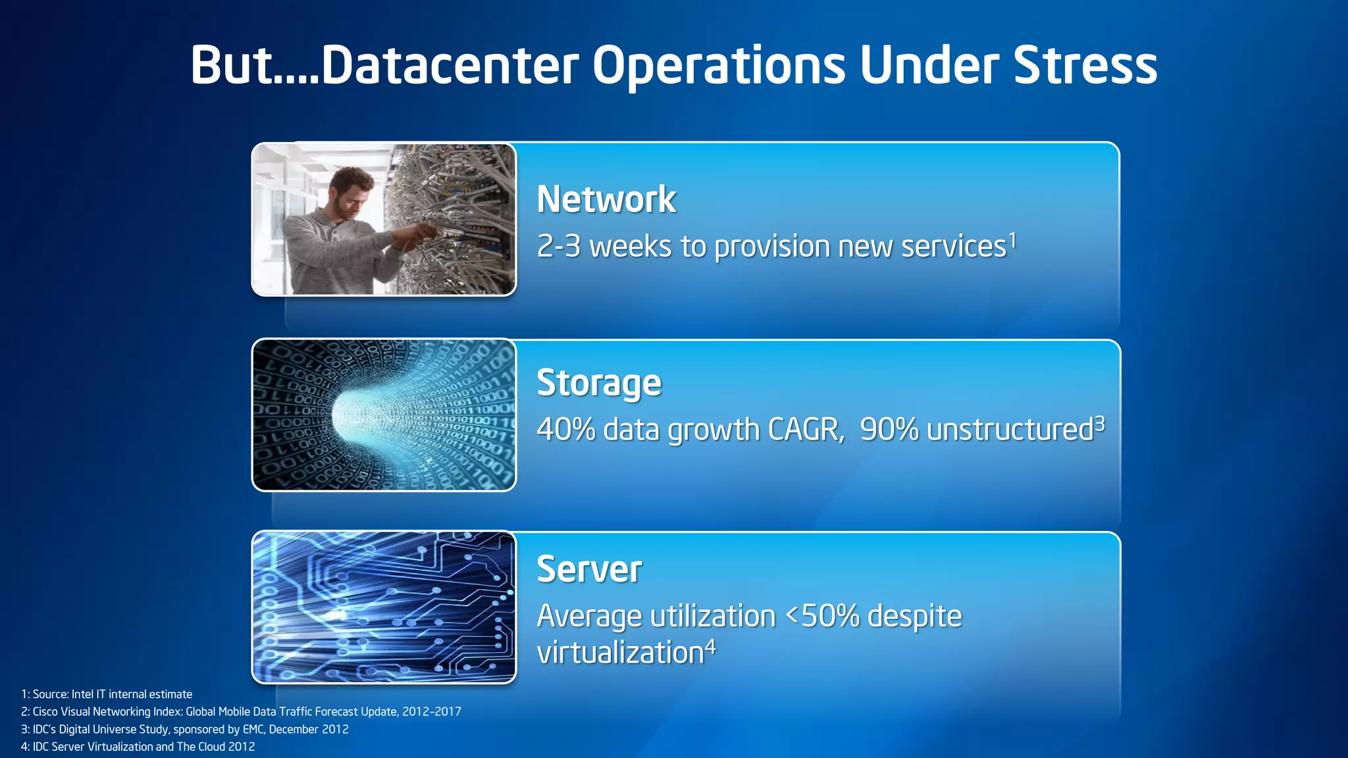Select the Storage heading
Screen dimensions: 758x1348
599,383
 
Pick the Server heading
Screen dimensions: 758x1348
589,569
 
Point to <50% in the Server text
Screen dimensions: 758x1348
823,617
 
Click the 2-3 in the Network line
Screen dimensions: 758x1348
559,247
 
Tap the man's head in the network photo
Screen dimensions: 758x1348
350,191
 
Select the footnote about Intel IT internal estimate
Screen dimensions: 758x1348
107,694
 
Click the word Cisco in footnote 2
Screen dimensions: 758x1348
45,712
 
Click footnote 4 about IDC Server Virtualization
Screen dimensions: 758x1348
138,747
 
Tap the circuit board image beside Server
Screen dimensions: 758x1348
384,607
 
